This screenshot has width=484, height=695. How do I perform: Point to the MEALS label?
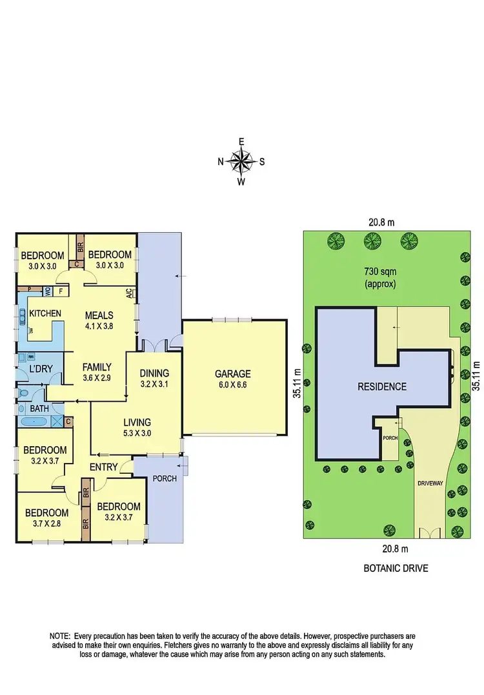coord(99,315)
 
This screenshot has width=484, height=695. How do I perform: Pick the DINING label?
coord(154,373)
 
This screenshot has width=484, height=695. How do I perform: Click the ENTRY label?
coord(103,467)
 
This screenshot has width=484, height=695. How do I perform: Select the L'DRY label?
coord(41,369)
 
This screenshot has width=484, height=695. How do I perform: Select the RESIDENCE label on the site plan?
coord(383,387)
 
